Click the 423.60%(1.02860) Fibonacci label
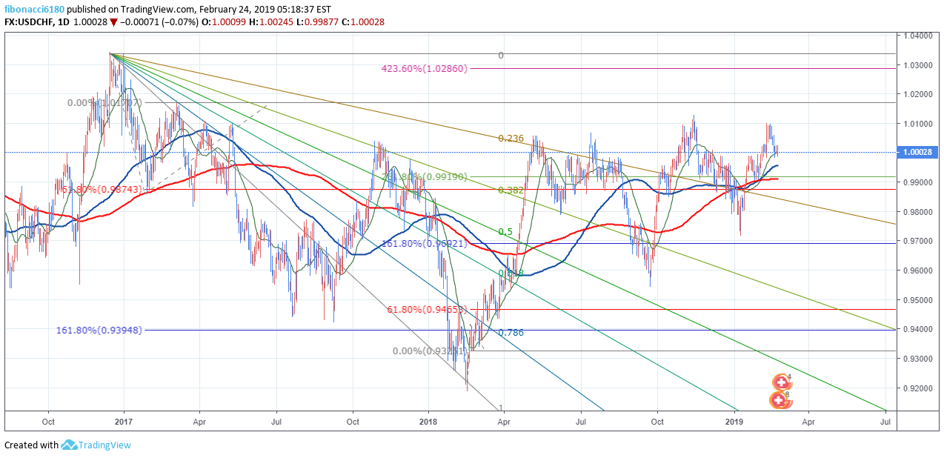(x=424, y=69)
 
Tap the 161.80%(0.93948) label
(x=99, y=331)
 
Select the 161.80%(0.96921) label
(x=423, y=243)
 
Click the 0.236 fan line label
(x=511, y=139)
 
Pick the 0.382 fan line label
(x=511, y=190)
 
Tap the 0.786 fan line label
(x=511, y=333)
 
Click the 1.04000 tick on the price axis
(x=920, y=36)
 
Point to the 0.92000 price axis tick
(x=920, y=388)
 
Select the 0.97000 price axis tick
(x=920, y=242)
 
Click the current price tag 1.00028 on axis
(x=919, y=152)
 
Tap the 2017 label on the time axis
(x=124, y=422)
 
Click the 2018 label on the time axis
(x=428, y=422)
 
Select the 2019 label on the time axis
(x=734, y=422)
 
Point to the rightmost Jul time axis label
(x=885, y=422)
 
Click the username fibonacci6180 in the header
(x=34, y=10)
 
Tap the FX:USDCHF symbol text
(x=30, y=22)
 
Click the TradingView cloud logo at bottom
(x=70, y=445)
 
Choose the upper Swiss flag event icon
(x=781, y=382)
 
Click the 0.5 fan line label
(x=505, y=232)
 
